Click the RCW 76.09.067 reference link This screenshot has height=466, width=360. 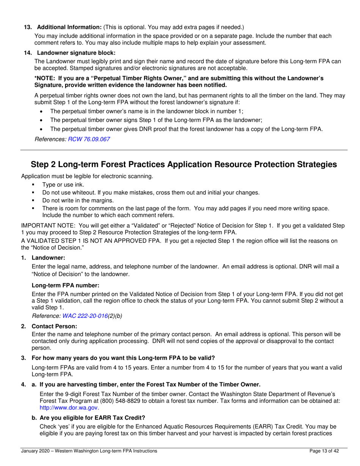(89, 139)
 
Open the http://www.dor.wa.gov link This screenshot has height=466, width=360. (69, 408)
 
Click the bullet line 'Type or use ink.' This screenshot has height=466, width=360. (63, 185)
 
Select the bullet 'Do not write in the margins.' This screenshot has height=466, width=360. (78, 200)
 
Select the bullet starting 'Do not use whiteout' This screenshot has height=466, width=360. (150, 192)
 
